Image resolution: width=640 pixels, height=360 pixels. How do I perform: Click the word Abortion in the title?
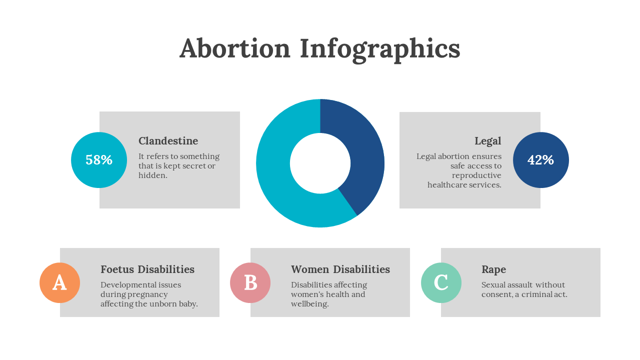pos(235,48)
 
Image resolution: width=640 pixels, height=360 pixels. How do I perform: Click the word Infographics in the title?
pos(380,50)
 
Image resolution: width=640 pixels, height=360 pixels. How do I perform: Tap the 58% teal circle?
pos(99,160)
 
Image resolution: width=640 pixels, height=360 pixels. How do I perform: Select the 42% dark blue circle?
pos(541,160)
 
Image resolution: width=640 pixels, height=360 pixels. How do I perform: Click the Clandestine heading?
pos(168,141)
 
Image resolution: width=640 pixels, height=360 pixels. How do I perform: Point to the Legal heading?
pos(487,141)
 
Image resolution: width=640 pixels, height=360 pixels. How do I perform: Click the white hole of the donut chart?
pos(320,163)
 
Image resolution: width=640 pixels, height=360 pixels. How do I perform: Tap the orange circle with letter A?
pos(59,282)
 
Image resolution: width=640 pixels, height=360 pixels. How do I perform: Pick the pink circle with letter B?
pos(250,282)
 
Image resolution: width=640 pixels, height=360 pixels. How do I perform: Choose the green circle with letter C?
pos(441,282)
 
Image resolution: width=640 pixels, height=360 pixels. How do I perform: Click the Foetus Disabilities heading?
pos(147,269)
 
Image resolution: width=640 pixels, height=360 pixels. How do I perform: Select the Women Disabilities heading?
pos(340,269)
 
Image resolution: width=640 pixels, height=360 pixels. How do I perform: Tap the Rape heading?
pos(493,270)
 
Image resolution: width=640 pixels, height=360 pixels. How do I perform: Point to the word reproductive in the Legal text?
pos(476,175)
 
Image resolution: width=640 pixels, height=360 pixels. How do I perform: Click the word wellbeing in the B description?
pos(309,304)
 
